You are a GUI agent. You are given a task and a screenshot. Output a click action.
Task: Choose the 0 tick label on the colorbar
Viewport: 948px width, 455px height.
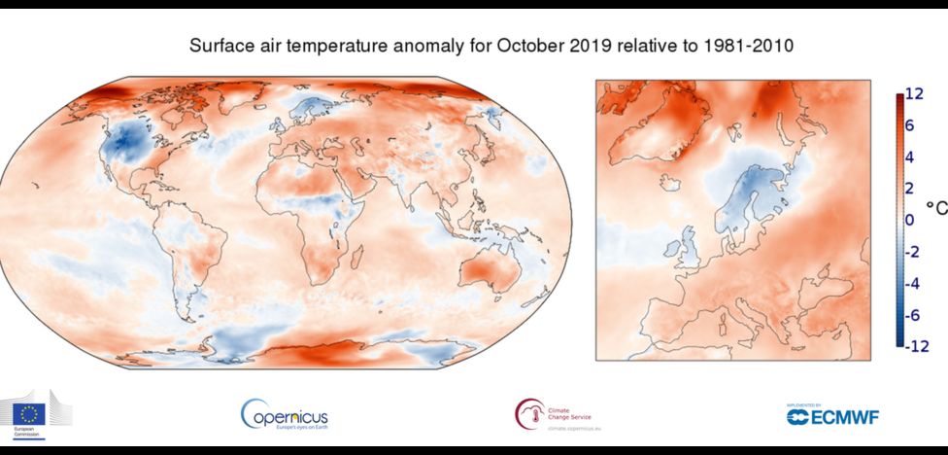pyautogui.click(x=910, y=220)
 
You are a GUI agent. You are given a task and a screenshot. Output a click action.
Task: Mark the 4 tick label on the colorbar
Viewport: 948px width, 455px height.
pyautogui.click(x=910, y=157)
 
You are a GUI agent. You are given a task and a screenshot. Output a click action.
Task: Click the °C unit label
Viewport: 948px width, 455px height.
pyautogui.click(x=935, y=207)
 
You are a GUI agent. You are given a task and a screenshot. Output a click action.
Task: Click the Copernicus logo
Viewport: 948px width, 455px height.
pyautogui.click(x=284, y=415)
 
